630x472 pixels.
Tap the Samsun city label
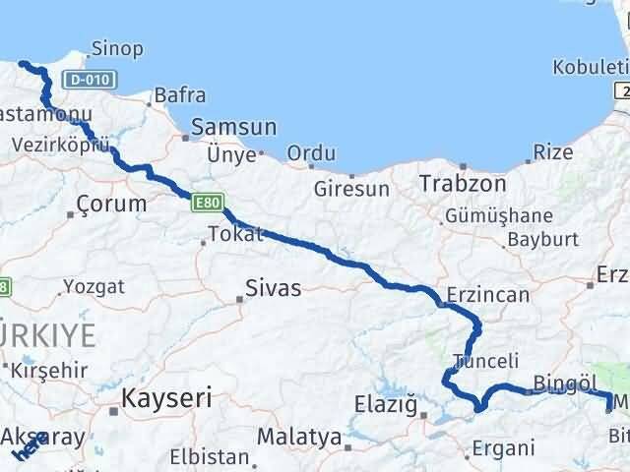point(234,127)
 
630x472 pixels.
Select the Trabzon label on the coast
point(462,184)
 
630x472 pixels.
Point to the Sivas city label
point(273,288)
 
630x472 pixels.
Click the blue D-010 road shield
point(89,79)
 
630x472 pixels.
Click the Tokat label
point(235,234)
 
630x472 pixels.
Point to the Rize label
point(552,152)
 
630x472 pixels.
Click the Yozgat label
point(94,287)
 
